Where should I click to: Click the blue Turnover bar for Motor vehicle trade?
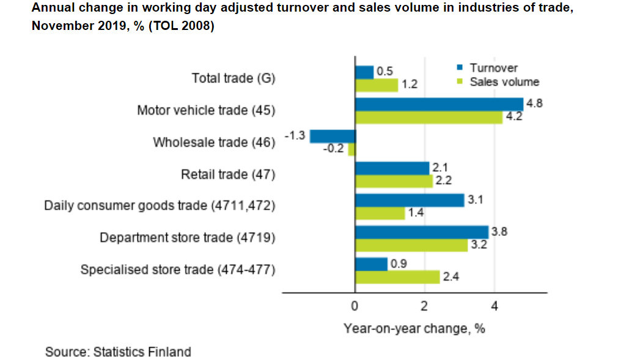tap(439, 104)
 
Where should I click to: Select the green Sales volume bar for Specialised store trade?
tap(397, 277)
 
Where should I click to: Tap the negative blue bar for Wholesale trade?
tap(333, 136)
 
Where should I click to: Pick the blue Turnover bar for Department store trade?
tap(422, 232)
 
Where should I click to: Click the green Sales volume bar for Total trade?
tap(377, 85)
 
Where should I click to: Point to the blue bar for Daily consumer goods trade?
tap(410, 200)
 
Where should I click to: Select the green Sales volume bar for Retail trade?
tap(394, 181)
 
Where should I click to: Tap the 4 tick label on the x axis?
tap(495, 306)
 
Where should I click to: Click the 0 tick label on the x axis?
tap(355, 306)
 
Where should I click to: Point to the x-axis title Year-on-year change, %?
tap(414, 328)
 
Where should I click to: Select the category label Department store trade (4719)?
tap(188, 238)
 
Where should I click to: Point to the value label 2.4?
tap(451, 277)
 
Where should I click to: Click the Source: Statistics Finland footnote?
tap(118, 352)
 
